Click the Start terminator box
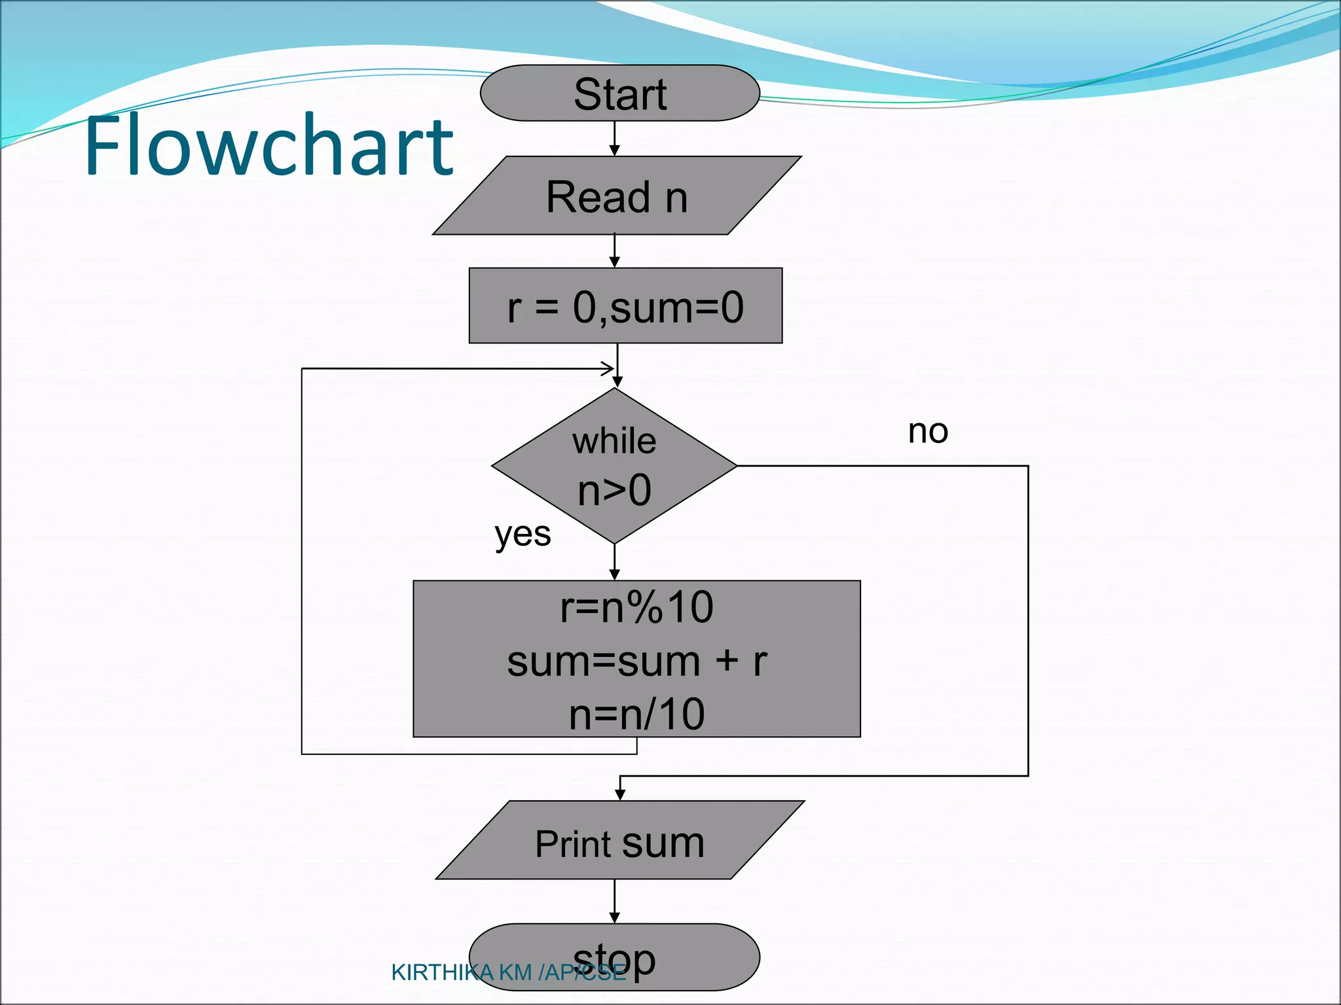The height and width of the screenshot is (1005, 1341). pos(619,94)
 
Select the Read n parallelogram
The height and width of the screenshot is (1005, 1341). pos(617,196)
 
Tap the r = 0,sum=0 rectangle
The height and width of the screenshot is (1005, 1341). pos(625,306)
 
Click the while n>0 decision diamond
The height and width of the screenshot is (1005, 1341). pos(614,466)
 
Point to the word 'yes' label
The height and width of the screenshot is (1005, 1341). pos(523,535)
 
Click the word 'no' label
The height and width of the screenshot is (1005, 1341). pos(928,431)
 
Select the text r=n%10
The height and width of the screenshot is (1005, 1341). pos(636,607)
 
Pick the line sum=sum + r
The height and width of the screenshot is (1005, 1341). pos(636,661)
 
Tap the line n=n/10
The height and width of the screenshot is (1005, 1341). pos(636,714)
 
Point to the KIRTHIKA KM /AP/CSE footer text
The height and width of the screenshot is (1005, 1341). pos(508,973)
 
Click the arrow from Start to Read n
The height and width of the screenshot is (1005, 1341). pos(614,138)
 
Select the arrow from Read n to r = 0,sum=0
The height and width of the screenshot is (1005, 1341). pos(614,251)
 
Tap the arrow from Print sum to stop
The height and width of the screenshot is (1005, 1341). pos(614,901)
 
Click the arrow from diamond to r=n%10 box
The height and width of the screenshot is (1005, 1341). pos(614,562)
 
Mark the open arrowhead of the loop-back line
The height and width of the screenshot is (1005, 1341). pos(608,368)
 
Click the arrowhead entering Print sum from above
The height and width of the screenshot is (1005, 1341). pos(620,794)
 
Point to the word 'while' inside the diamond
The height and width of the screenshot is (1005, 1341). pos(614,441)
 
